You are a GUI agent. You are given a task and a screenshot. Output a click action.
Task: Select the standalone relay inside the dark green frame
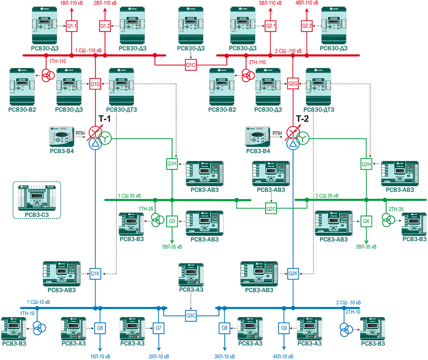coord(37,199)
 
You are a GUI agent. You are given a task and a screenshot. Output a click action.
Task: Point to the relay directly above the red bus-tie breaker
coord(191,29)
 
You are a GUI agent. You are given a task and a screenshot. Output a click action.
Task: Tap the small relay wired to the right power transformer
coord(258,137)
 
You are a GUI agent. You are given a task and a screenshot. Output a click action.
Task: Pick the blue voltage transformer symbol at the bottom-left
coord(39,328)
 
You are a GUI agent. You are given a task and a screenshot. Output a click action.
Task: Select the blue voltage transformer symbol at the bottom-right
coord(345,328)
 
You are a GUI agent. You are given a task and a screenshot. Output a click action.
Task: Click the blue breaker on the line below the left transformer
coord(95,274)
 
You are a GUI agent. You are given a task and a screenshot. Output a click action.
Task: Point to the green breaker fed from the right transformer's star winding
coord(366,164)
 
